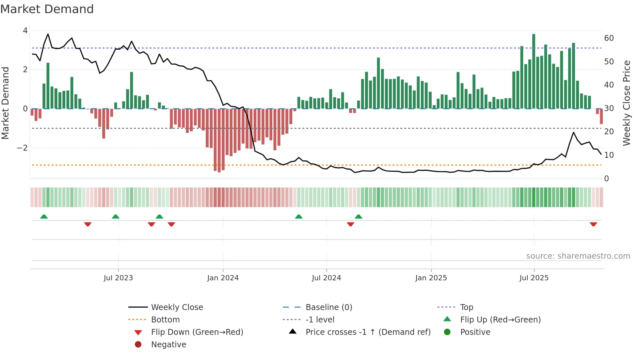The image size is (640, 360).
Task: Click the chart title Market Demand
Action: (47, 9)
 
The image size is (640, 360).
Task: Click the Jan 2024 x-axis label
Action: (223, 278)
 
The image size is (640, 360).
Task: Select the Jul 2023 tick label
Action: (118, 278)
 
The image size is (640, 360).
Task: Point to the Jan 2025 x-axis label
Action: (431, 278)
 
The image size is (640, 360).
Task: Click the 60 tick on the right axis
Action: (609, 38)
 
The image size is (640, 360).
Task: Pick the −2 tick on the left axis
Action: (22, 148)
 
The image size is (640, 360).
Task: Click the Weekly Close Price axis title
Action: (626, 103)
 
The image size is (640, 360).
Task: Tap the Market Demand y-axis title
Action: (5, 103)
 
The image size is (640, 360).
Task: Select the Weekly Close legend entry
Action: (177, 307)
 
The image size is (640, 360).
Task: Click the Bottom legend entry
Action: (165, 320)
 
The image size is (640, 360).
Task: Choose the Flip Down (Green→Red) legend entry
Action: (197, 332)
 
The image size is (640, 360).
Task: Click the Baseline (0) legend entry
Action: (328, 307)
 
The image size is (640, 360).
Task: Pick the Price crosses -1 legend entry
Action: (368, 332)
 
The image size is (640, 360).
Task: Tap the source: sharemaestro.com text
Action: (578, 256)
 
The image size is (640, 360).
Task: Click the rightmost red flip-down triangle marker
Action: (593, 224)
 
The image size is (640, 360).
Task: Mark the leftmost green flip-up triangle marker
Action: (44, 217)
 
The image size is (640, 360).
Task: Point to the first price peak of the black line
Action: (48, 34)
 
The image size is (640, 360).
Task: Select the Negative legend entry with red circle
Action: (168, 345)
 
